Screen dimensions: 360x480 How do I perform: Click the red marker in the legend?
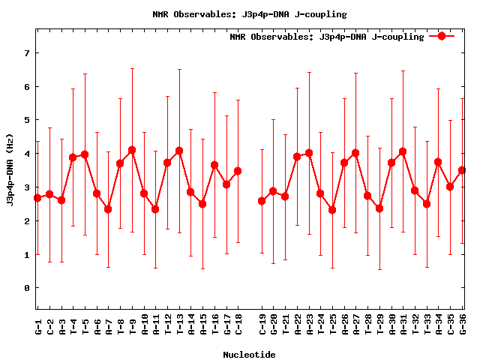click(442, 36)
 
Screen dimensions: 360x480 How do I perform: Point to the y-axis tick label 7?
click(26, 53)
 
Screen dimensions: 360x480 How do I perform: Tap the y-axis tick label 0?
click(26, 288)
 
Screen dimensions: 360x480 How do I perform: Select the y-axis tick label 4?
click(26, 154)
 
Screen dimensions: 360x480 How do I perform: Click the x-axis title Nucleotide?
click(249, 354)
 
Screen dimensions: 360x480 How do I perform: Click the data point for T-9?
click(132, 150)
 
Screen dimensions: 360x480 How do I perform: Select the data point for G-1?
click(37, 198)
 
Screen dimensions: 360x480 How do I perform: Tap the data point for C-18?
click(238, 171)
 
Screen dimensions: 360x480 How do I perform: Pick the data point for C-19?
click(262, 201)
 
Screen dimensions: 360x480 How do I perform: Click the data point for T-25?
click(332, 210)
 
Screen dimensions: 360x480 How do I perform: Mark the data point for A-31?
click(403, 151)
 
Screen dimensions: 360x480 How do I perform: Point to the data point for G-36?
click(462, 170)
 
